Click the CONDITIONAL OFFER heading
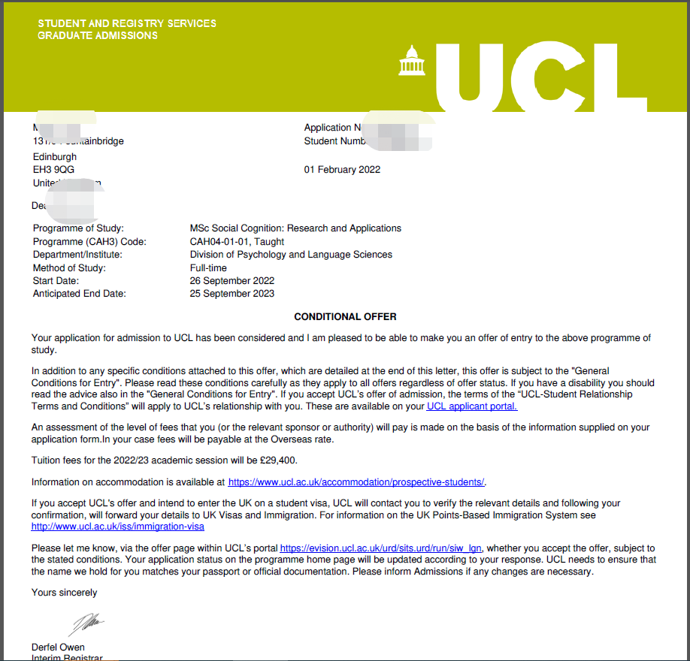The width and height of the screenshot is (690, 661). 345,317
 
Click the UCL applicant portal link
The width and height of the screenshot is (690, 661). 471,406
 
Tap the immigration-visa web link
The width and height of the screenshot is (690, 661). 117,527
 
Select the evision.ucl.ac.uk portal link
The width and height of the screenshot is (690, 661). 380,548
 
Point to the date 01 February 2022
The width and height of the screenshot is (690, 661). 342,170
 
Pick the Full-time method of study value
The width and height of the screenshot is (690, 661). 208,268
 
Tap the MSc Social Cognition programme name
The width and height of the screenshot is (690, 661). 295,228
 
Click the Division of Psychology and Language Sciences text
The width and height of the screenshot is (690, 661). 291,255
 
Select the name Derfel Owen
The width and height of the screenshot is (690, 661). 58,647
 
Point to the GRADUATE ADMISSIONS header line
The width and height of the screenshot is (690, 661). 98,35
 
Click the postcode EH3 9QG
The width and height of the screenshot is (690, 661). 53,170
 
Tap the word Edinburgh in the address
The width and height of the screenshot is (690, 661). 55,157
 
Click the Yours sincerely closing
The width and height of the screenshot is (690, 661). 64,593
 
